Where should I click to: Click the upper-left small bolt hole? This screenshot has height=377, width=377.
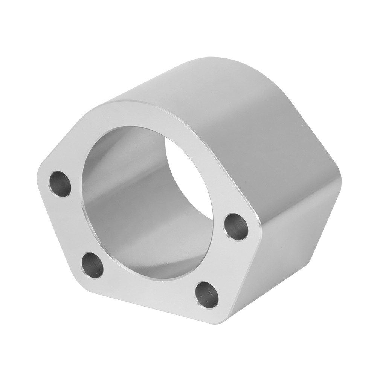[61, 184]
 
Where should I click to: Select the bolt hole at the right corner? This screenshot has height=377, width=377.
[236, 226]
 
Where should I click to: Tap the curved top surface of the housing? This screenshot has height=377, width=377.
[211, 87]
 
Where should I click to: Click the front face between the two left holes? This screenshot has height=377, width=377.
[72, 226]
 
